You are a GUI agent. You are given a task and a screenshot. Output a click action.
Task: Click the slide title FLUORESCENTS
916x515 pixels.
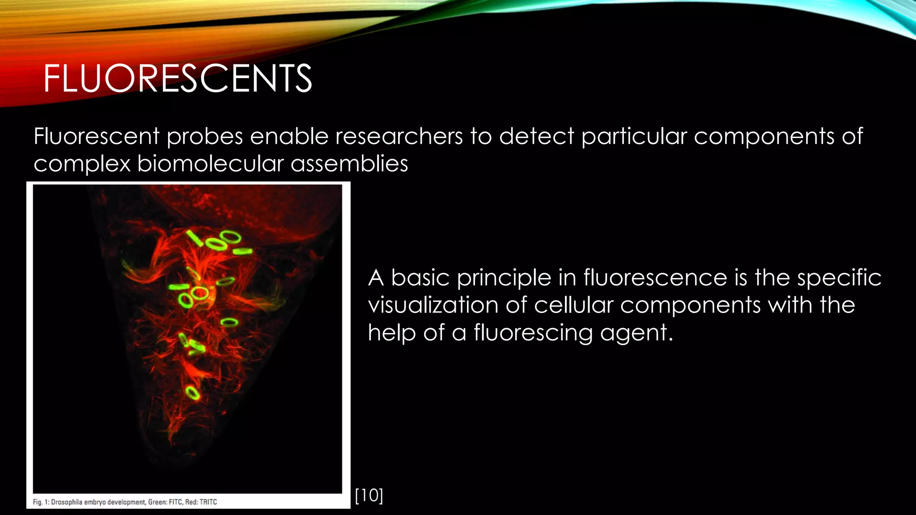point(178,79)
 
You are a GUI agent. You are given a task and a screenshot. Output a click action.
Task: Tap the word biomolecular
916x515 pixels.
point(210,164)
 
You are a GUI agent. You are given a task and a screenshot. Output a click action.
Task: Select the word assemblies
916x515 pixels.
point(349,164)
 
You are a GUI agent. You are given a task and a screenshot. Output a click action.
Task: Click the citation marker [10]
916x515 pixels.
point(369,495)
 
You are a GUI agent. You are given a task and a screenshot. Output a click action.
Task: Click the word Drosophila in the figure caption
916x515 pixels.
point(67,502)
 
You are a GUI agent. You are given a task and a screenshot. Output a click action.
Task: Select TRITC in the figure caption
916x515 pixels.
point(208,502)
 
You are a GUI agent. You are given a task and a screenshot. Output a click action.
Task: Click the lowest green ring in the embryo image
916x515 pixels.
point(193,393)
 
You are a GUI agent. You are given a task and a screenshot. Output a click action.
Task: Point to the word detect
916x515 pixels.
point(536,136)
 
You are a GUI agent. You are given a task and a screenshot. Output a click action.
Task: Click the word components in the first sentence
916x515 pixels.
point(763,136)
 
